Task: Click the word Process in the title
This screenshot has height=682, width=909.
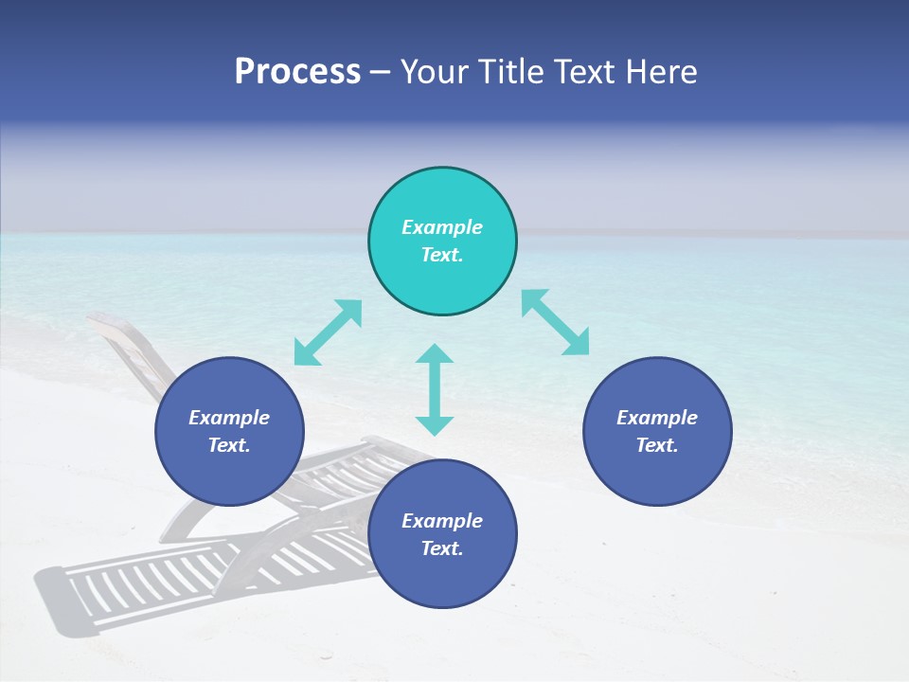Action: (x=297, y=72)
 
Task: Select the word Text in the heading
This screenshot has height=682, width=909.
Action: (x=582, y=72)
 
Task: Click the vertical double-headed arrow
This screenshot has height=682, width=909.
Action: (x=435, y=389)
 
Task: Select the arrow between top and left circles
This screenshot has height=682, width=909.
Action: (x=328, y=332)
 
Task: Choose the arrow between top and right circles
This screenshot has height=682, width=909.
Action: (x=555, y=322)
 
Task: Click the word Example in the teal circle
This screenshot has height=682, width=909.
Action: (x=442, y=227)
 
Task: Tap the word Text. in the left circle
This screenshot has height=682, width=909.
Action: (x=229, y=445)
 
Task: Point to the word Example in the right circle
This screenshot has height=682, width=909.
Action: (x=657, y=418)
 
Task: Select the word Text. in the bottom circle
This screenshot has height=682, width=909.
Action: (x=442, y=548)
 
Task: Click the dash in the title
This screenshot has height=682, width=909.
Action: (x=380, y=73)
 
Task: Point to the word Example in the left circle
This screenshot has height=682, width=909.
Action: (x=229, y=418)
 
